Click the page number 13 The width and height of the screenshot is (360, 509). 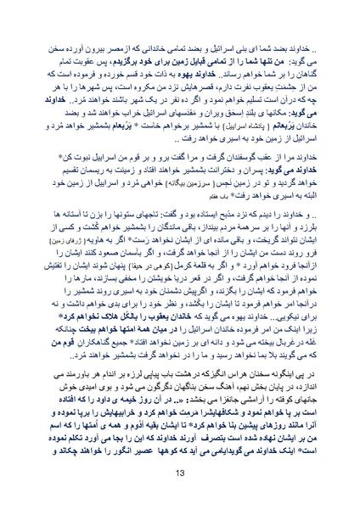[x=180, y=472]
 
